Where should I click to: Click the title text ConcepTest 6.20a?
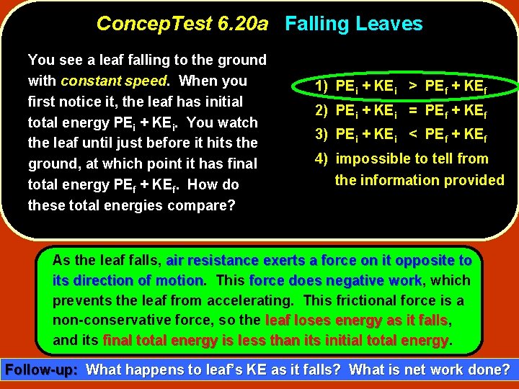click(x=182, y=24)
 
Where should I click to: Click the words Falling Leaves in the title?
click(x=353, y=24)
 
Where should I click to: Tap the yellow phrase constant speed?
click(x=114, y=81)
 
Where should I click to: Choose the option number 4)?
click(x=323, y=159)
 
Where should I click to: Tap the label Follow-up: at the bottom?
click(x=42, y=371)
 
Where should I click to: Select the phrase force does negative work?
click(x=335, y=280)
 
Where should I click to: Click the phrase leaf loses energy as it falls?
click(x=357, y=320)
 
